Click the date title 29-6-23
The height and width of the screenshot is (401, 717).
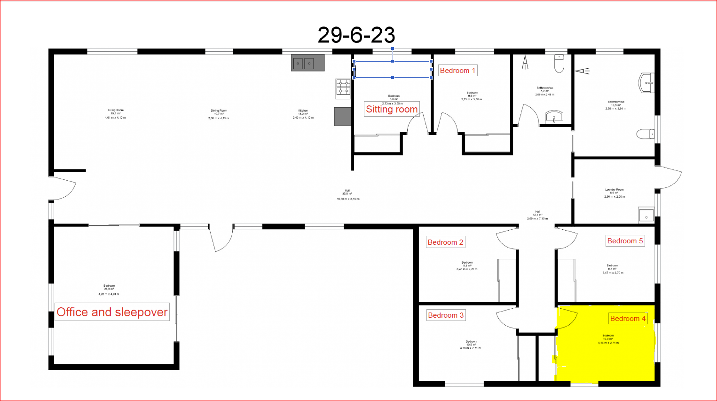[x=356, y=35]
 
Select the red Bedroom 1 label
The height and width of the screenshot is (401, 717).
[x=457, y=71]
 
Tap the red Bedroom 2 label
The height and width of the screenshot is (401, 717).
[x=445, y=242]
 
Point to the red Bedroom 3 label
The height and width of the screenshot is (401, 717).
[x=445, y=315]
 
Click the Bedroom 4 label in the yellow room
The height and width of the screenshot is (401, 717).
[x=628, y=319]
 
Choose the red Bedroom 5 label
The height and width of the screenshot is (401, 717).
[x=625, y=241]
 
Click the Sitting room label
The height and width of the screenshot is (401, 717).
[x=392, y=109]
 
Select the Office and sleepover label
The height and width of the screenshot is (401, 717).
[x=112, y=312]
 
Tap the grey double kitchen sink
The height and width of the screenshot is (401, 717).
[x=307, y=63]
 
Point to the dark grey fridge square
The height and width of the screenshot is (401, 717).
[x=343, y=117]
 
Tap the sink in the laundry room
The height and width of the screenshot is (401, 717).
[x=646, y=215]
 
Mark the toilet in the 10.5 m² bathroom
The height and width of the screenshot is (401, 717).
[x=646, y=134]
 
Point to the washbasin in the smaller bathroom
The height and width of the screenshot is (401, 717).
[x=555, y=117]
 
